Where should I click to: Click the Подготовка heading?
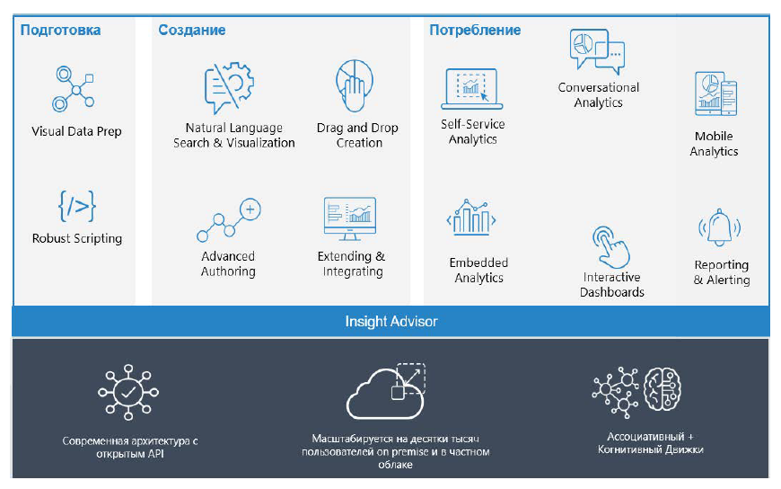pyautogui.click(x=60, y=30)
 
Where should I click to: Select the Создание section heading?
pyautogui.click(x=192, y=30)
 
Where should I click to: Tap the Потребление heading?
pyautogui.click(x=475, y=30)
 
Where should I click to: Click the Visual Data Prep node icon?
pyautogui.click(x=74, y=89)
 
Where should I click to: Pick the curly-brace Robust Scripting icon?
pyautogui.click(x=76, y=206)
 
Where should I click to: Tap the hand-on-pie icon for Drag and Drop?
pyautogui.click(x=354, y=85)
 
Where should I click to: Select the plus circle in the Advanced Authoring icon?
pyautogui.click(x=250, y=209)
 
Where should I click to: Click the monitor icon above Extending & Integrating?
pyautogui.click(x=350, y=219)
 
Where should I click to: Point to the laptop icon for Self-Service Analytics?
pyautogui.click(x=471, y=89)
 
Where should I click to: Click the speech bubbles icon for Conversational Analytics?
pyautogui.click(x=597, y=52)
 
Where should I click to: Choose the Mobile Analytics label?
pyautogui.click(x=714, y=144)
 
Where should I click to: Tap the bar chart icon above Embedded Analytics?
pyautogui.click(x=471, y=218)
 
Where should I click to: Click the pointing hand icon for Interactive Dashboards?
pyautogui.click(x=611, y=247)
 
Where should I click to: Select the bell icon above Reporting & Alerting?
pyautogui.click(x=720, y=227)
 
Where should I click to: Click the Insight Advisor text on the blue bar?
pyautogui.click(x=391, y=321)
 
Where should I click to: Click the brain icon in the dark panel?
pyautogui.click(x=663, y=390)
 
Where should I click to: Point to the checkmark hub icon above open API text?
pyautogui.click(x=128, y=392)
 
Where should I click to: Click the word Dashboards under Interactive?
pyautogui.click(x=611, y=292)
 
